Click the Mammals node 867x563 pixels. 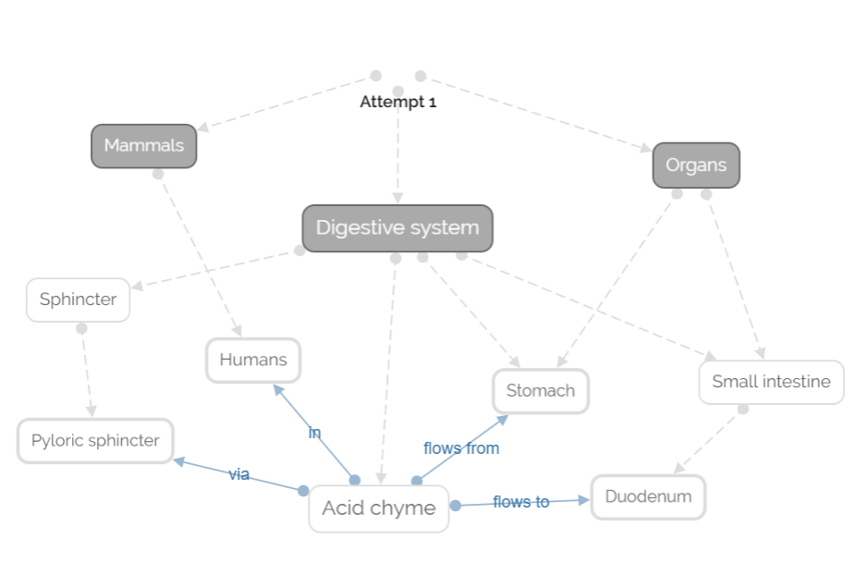click(x=143, y=146)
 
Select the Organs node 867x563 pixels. click(x=696, y=165)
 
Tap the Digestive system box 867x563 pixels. click(x=397, y=228)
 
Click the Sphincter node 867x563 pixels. click(x=78, y=300)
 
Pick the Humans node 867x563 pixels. click(x=253, y=361)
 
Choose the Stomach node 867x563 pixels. click(x=540, y=391)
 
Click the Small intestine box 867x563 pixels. click(x=771, y=382)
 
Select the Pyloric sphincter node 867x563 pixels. click(x=95, y=441)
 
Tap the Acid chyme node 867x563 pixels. click(x=378, y=508)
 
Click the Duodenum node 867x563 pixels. click(x=648, y=497)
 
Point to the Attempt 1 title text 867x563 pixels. click(x=397, y=102)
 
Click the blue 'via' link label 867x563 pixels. click(x=239, y=474)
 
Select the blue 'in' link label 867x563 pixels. click(x=314, y=433)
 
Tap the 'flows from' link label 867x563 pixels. click(x=461, y=448)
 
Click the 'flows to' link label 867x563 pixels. click(x=520, y=502)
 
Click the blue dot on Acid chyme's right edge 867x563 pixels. click(x=455, y=506)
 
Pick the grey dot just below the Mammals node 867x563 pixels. click(x=158, y=174)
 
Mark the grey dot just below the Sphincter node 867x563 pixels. click(x=81, y=328)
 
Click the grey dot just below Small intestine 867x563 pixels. click(x=743, y=409)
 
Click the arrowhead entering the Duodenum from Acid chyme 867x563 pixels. click(x=584, y=500)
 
